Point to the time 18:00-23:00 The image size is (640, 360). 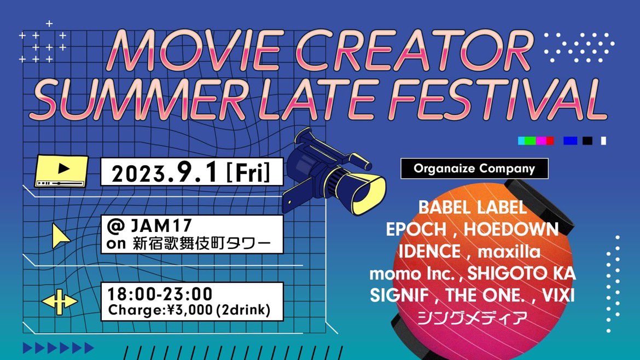[x=160, y=293]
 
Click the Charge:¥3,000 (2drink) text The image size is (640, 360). [x=189, y=310]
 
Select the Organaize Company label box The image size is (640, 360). [x=474, y=169]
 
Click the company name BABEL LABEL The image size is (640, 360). [x=473, y=207]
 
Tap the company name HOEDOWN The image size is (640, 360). [x=511, y=229]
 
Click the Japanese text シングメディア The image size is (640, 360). [x=473, y=317]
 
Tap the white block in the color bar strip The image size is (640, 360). [x=603, y=141]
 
